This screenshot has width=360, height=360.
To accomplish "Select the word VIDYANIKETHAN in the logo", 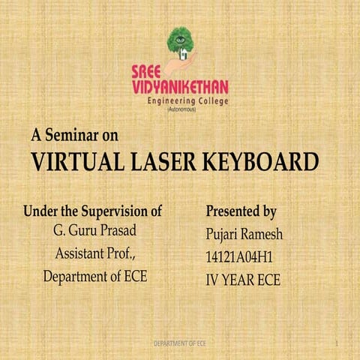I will [179, 86].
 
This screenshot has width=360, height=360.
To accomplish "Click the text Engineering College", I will [187, 101].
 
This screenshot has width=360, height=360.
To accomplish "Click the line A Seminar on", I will [75, 136].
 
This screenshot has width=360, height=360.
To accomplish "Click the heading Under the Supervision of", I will [93, 211].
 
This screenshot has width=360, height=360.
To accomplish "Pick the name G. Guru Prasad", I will [94, 229].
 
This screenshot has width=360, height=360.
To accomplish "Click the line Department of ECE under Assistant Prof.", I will [94, 277].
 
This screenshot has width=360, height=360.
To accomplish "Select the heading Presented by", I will [241, 211].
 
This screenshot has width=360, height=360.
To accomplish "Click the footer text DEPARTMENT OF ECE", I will [180, 343].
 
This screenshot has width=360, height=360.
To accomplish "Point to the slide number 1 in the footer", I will [339, 343].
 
